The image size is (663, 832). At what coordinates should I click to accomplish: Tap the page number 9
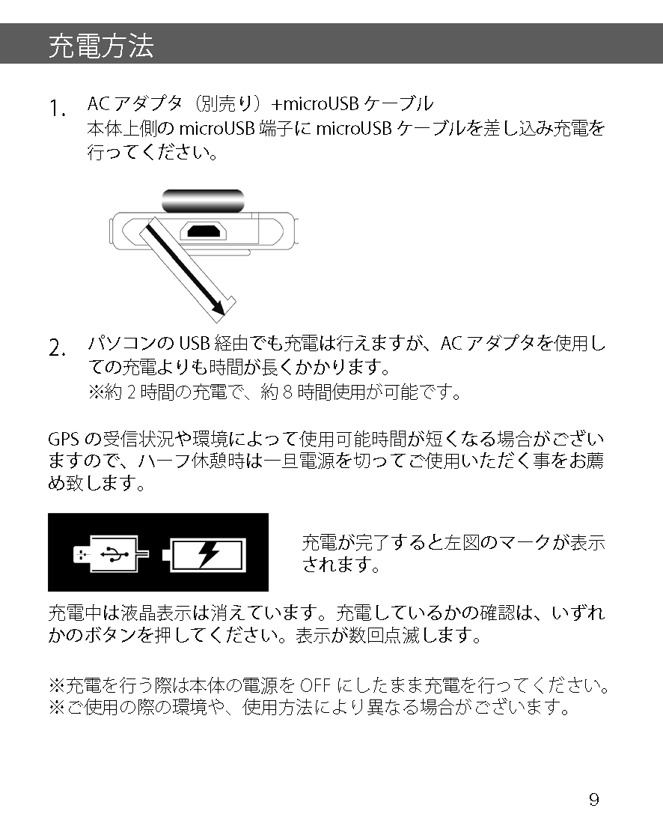click(x=594, y=799)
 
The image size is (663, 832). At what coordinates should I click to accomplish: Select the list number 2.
click(x=58, y=348)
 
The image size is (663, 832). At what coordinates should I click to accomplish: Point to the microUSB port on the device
click(x=203, y=231)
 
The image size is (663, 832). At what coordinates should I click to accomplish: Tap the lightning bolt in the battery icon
click(x=208, y=554)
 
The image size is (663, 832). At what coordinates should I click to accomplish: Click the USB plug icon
click(x=111, y=554)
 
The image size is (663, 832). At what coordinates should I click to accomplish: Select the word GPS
click(x=64, y=440)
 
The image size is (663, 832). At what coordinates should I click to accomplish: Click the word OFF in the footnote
click(x=316, y=685)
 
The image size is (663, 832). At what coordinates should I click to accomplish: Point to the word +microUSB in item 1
click(x=315, y=103)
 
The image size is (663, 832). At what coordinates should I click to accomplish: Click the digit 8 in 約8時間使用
click(x=287, y=392)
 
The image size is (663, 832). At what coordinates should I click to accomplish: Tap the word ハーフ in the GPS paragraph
click(x=164, y=461)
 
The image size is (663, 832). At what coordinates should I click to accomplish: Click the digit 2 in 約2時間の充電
click(x=131, y=392)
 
